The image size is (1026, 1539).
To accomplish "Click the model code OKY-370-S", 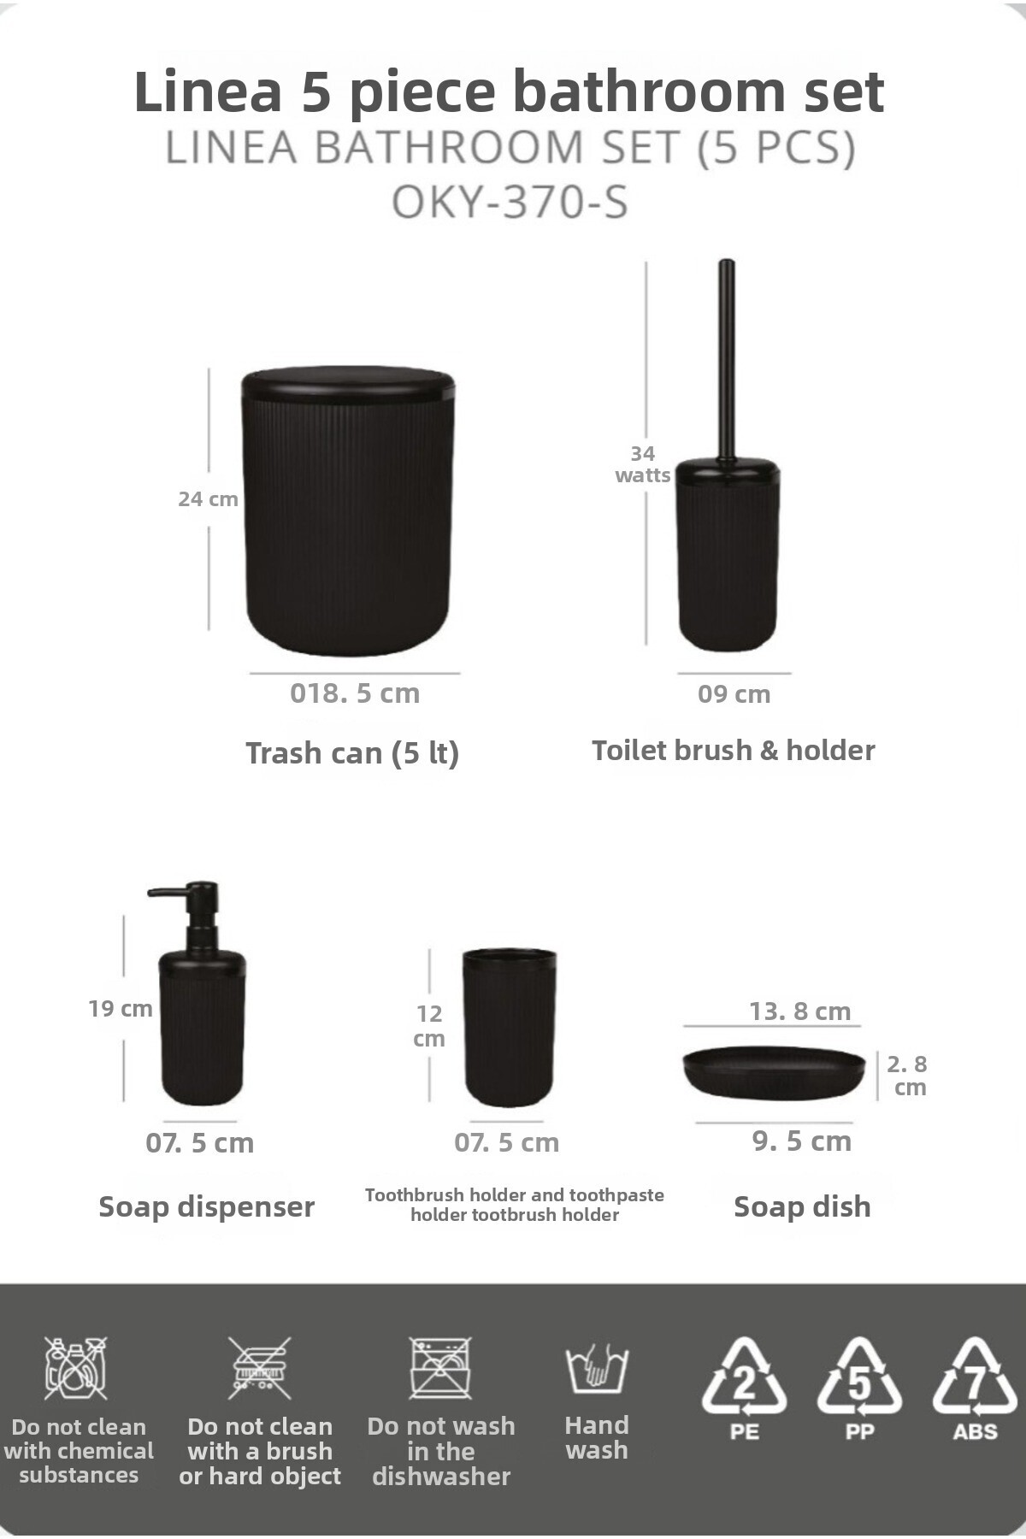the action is pyautogui.click(x=510, y=203).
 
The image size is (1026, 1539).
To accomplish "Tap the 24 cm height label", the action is pyautogui.click(x=208, y=499).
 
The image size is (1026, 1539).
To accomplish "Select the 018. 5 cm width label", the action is pyautogui.click(x=355, y=693).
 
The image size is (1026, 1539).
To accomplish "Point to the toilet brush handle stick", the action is pyautogui.click(x=727, y=359).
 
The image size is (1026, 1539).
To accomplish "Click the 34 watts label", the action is pyautogui.click(x=643, y=464).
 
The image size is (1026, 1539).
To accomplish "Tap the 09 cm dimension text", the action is pyautogui.click(x=734, y=694).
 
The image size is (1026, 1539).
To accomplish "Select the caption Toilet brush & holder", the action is pyautogui.click(x=734, y=751).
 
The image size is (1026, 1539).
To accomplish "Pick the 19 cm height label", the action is pyautogui.click(x=121, y=1009).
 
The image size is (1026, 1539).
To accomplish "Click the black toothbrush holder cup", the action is pyautogui.click(x=510, y=1027).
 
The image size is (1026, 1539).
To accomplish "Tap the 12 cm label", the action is pyautogui.click(x=429, y=1026).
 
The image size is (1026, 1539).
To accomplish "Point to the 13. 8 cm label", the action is pyautogui.click(x=800, y=1011).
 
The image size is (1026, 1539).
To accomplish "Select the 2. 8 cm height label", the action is pyautogui.click(x=907, y=1076).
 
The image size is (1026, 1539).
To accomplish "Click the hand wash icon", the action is pyautogui.click(x=597, y=1368).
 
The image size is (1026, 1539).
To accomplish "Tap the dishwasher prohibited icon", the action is pyautogui.click(x=440, y=1368).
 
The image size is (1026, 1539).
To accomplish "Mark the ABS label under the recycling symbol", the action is pyautogui.click(x=975, y=1432).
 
